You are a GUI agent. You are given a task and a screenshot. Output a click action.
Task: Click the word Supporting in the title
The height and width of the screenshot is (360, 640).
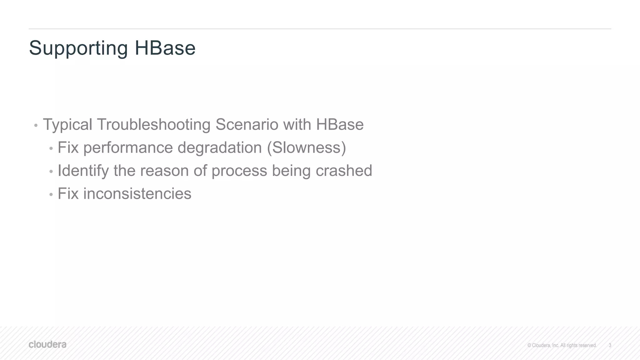tap(78, 48)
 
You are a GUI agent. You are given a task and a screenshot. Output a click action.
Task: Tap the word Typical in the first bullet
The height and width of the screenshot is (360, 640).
tap(67, 125)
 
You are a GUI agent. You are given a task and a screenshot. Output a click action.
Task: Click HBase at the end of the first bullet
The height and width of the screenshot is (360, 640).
tap(340, 124)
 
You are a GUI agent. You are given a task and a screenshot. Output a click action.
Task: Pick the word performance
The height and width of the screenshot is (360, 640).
tap(128, 148)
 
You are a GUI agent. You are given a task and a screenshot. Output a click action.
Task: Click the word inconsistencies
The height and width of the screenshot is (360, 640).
tap(137, 193)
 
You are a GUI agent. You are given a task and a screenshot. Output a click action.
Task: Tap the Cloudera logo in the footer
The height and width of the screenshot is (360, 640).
tap(47, 345)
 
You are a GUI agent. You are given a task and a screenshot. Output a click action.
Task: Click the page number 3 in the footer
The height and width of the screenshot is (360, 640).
tap(610, 345)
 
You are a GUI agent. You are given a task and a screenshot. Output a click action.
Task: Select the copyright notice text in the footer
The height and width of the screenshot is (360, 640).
tap(562, 345)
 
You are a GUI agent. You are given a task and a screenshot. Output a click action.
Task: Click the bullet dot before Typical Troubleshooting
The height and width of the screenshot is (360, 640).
tap(36, 126)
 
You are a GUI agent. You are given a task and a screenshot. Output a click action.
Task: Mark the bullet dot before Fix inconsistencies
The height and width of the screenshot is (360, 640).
tap(51, 195)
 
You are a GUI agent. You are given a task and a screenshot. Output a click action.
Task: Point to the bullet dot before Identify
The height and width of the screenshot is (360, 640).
tap(51, 172)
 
